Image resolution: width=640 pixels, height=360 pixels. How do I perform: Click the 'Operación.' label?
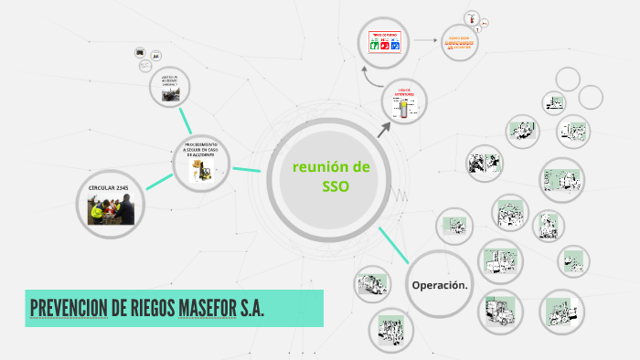440,285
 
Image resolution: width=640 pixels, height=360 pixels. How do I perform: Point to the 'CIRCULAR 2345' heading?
109,187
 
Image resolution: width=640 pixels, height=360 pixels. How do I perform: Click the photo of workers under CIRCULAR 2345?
111,210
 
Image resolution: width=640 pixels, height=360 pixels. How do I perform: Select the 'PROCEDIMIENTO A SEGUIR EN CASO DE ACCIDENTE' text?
200,150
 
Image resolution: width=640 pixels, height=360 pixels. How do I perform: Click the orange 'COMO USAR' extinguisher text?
461,42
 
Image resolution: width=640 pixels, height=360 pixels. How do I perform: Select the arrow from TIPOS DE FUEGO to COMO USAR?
422,41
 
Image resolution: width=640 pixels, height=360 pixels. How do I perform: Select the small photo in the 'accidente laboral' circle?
169,93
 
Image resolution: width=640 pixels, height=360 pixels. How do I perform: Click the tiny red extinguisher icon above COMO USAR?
472,17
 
